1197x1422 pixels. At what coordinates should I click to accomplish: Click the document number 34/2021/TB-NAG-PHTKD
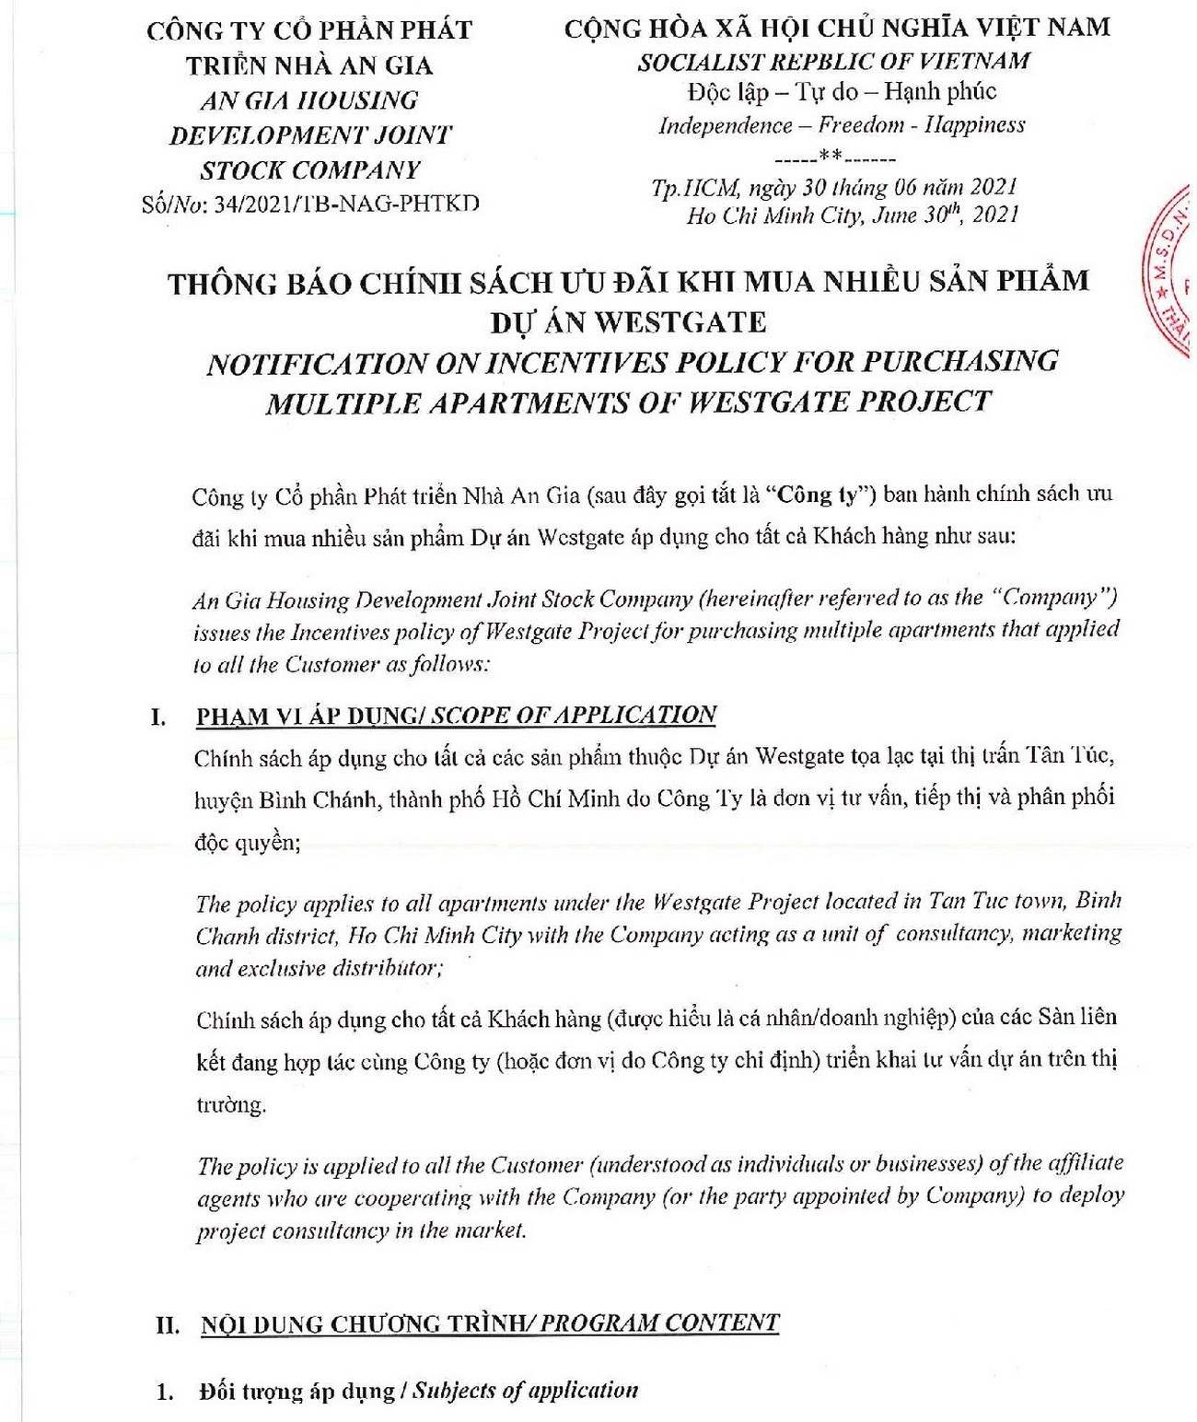346,204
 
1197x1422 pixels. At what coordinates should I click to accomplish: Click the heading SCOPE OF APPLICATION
574,716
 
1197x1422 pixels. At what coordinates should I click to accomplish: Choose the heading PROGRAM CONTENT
659,1323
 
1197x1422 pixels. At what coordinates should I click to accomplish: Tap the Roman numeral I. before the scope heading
158,717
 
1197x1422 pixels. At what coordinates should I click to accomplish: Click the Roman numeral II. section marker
168,1325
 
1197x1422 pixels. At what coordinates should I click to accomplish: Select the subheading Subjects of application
525,1391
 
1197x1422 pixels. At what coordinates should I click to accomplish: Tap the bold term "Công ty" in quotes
819,495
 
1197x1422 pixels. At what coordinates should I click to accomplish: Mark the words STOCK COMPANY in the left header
310,170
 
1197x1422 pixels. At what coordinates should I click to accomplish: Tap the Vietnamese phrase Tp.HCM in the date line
695,189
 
